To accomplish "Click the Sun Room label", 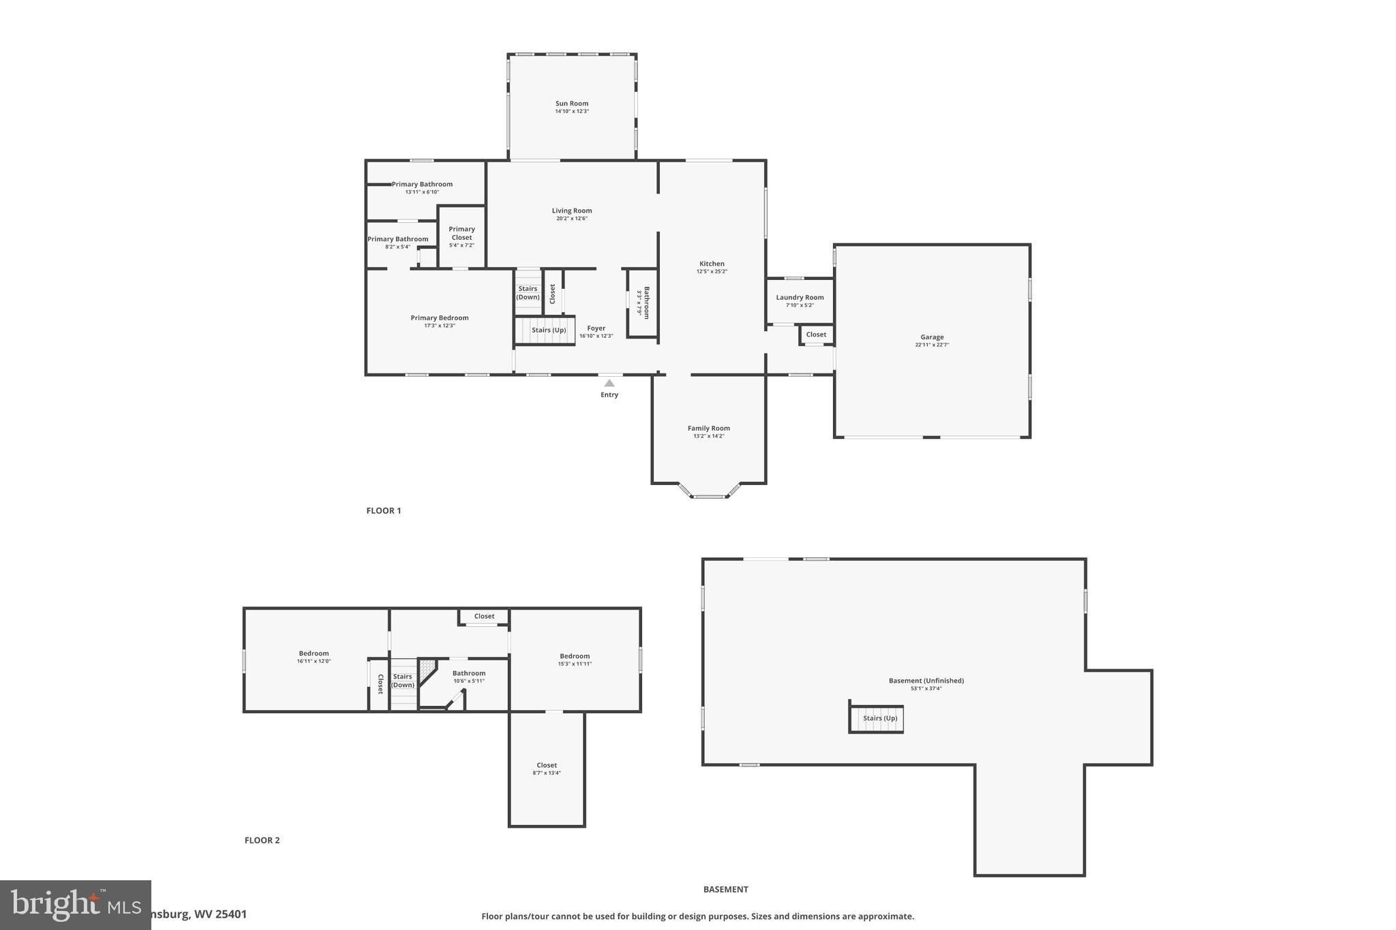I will pyautogui.click(x=571, y=104).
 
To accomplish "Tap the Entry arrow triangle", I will pyautogui.click(x=609, y=384).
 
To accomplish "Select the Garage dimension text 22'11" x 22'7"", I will pyautogui.click(x=932, y=345).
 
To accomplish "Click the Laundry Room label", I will pyautogui.click(x=800, y=297).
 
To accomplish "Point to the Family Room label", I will pyautogui.click(x=708, y=429).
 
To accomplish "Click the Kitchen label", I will pyautogui.click(x=712, y=264).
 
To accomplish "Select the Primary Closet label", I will pyautogui.click(x=461, y=233).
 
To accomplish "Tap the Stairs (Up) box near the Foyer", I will pyautogui.click(x=545, y=330).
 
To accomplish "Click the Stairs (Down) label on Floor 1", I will pyautogui.click(x=528, y=293).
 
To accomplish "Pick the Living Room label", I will pyautogui.click(x=571, y=211).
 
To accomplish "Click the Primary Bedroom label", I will pyautogui.click(x=439, y=317).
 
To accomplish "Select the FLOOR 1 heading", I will pyautogui.click(x=384, y=511).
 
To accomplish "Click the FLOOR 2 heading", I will pyautogui.click(x=262, y=840).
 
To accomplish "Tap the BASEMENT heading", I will pyautogui.click(x=725, y=889).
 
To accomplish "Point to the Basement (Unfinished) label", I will pyautogui.click(x=926, y=681).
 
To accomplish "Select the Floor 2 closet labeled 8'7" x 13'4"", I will pyautogui.click(x=547, y=769).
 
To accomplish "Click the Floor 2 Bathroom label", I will pyautogui.click(x=469, y=673).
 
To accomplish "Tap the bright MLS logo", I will pyautogui.click(x=75, y=905).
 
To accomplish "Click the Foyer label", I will pyautogui.click(x=596, y=328).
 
